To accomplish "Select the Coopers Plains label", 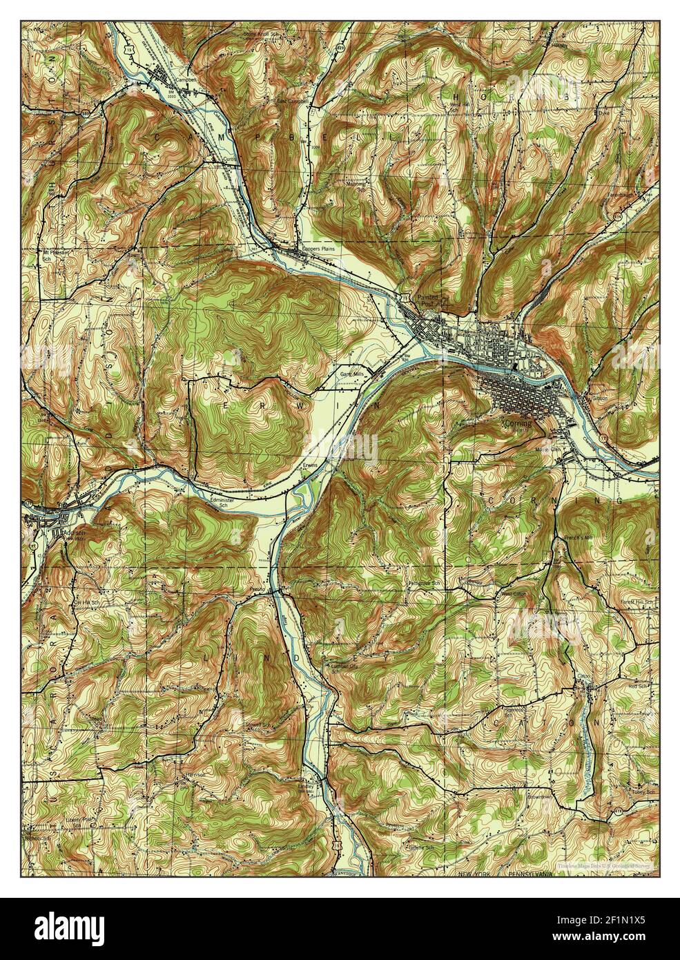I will [x=317, y=249].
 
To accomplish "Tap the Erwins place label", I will [x=309, y=465].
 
